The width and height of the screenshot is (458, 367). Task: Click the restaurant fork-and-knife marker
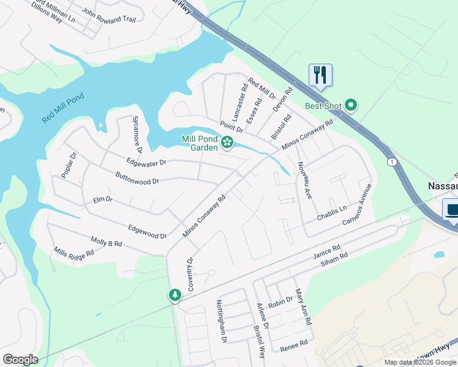[x=320, y=75]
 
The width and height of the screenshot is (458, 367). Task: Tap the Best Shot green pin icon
[x=351, y=106]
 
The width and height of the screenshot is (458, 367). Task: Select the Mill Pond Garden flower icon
[x=227, y=143]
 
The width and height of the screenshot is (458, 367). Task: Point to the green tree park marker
[x=175, y=295]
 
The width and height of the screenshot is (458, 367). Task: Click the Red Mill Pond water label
[x=63, y=109]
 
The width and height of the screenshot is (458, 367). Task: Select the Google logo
[x=20, y=360]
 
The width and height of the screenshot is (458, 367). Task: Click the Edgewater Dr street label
[x=146, y=163]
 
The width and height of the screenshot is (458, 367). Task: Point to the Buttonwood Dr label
[x=137, y=177]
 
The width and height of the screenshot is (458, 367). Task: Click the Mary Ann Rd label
[x=304, y=307]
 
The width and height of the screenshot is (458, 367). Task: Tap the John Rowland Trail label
[x=108, y=15]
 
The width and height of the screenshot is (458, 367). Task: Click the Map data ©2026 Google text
[x=419, y=362]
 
